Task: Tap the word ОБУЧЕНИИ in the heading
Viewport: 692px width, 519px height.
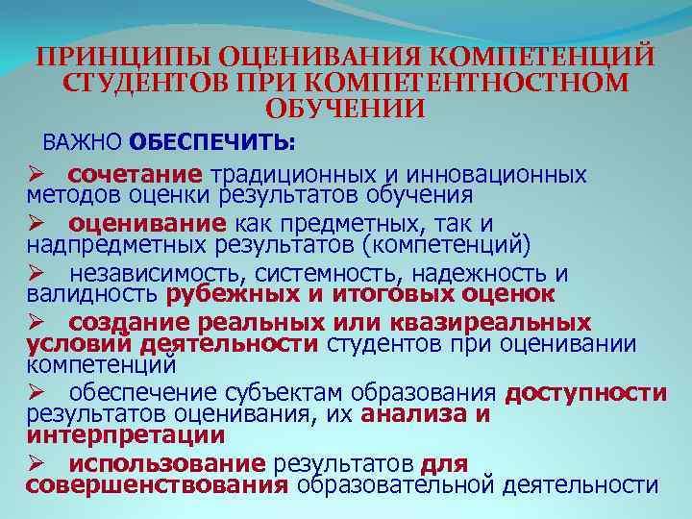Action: (344, 109)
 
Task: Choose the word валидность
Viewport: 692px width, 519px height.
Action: (93, 293)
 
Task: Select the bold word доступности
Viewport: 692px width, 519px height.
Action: (585, 393)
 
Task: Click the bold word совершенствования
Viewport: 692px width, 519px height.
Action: (157, 485)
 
